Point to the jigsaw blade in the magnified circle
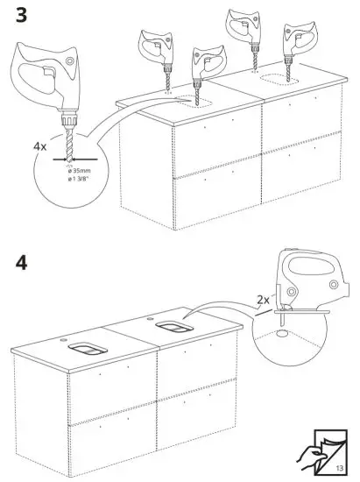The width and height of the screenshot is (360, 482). [x=283, y=326]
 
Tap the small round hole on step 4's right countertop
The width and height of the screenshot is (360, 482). [x=151, y=313]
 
